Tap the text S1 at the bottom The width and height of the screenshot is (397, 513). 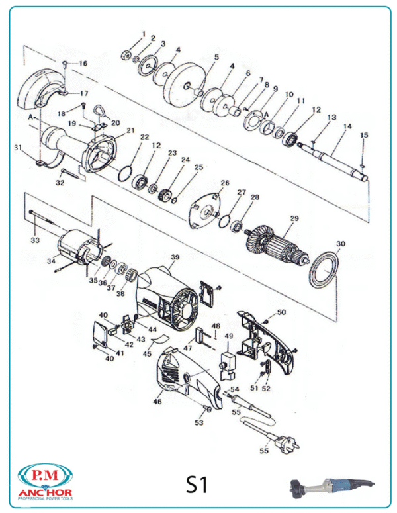197,485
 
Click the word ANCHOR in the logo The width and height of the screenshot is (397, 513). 46,493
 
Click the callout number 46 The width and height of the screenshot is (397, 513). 157,401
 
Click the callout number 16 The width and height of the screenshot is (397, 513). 83,63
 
